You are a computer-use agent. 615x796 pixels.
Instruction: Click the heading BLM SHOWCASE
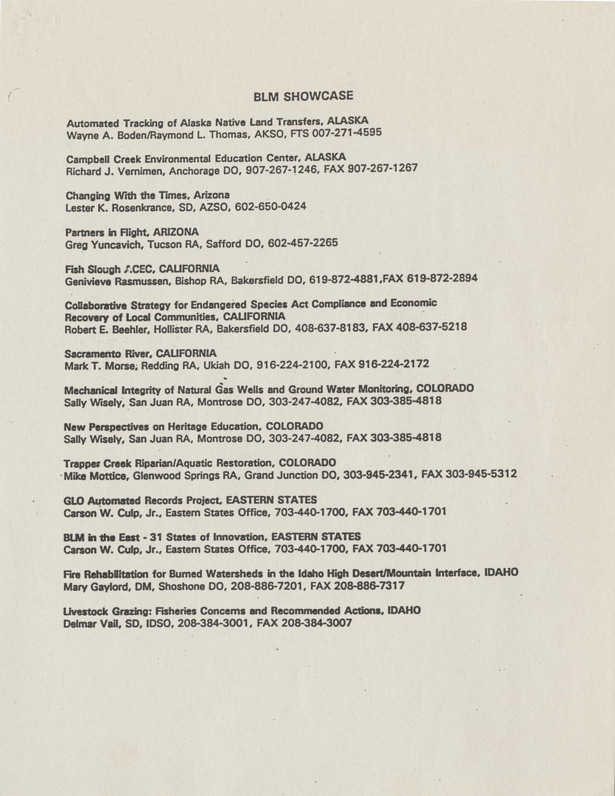[x=303, y=96]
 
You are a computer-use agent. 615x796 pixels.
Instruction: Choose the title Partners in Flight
[x=108, y=232]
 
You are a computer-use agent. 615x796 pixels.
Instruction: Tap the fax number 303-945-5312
[x=482, y=474]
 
